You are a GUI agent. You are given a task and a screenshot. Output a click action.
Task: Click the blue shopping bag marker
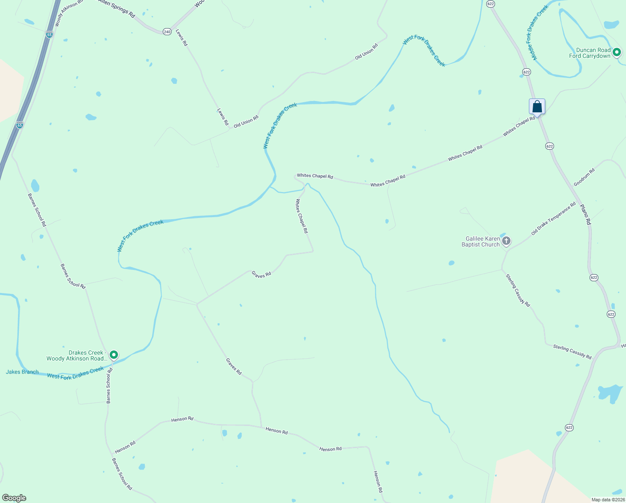(x=537, y=106)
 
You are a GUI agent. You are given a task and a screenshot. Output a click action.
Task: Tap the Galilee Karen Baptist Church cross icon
(x=506, y=241)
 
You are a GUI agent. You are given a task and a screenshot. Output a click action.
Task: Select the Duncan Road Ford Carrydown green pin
(x=616, y=52)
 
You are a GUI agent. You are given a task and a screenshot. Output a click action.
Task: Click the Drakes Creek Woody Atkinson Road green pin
(x=113, y=355)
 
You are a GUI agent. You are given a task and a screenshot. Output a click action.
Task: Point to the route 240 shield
(x=167, y=32)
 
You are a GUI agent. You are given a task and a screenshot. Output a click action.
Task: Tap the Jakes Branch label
(x=22, y=372)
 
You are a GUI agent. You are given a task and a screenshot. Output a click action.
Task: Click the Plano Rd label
(x=585, y=214)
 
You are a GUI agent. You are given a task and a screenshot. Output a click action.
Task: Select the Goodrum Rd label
(x=584, y=178)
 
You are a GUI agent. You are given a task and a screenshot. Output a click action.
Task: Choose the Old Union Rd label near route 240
(x=366, y=52)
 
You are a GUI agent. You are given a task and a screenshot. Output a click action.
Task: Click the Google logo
(x=14, y=498)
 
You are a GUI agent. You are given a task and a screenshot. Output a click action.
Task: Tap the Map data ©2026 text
(x=608, y=500)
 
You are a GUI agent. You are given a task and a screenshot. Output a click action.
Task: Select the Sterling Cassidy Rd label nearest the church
(x=518, y=290)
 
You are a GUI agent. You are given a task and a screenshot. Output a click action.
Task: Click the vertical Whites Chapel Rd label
(x=302, y=216)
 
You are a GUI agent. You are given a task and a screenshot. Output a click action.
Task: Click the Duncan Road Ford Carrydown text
(x=590, y=53)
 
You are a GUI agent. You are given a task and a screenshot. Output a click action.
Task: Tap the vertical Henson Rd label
(x=378, y=481)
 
